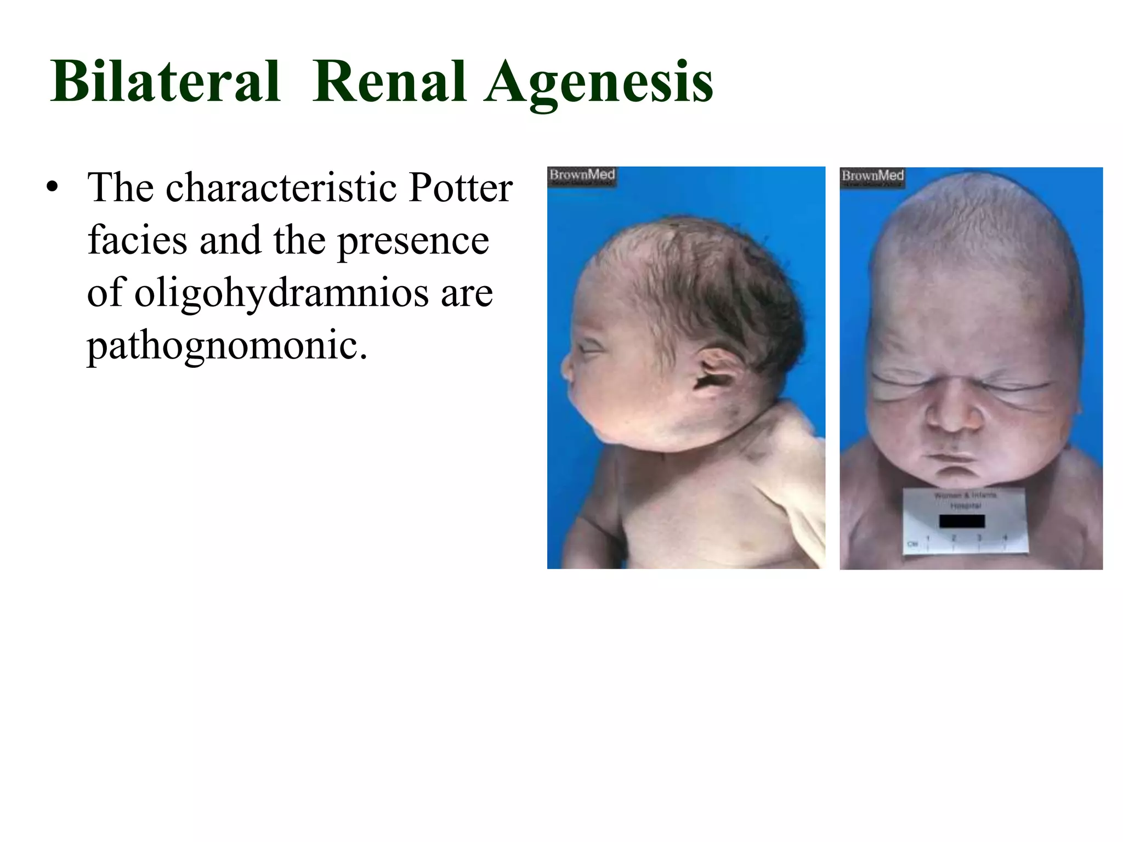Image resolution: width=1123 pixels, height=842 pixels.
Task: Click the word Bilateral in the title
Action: pyautogui.click(x=165, y=82)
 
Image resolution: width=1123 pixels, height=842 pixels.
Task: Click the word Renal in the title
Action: pyautogui.click(x=390, y=82)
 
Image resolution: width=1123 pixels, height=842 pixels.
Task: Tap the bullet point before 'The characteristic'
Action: pyautogui.click(x=53, y=187)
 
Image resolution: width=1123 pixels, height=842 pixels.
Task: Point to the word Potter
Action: pyautogui.click(x=461, y=187)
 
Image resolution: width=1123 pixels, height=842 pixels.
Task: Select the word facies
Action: pyautogui.click(x=137, y=240)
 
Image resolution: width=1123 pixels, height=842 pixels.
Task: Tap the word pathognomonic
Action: pyautogui.click(x=226, y=345)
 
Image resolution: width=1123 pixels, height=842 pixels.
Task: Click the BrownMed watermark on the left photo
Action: pyautogui.click(x=582, y=175)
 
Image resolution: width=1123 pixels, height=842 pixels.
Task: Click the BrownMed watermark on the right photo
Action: pyautogui.click(x=872, y=177)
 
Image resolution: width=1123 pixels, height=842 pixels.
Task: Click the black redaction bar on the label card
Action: pyautogui.click(x=962, y=520)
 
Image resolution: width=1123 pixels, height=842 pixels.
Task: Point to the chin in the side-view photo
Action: pyautogui.click(x=603, y=433)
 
